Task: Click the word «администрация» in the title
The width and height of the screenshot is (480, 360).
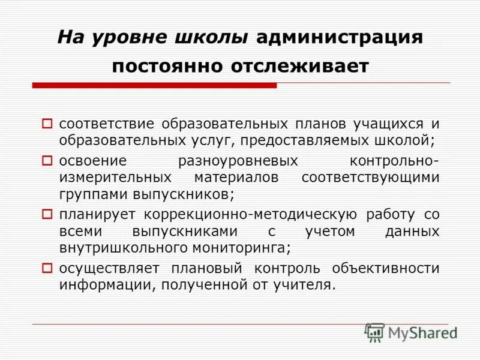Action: tap(340, 37)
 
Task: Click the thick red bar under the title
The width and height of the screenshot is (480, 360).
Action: tap(154, 86)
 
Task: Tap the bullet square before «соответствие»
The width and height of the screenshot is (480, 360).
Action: tap(48, 124)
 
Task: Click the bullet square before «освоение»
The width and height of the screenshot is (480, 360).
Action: tap(48, 161)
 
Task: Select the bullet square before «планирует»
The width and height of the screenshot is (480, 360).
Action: tap(48, 214)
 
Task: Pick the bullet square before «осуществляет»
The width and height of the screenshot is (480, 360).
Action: tap(48, 267)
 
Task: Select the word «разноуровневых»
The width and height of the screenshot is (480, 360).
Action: tap(238, 161)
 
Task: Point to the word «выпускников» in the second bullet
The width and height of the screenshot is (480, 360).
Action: tap(178, 195)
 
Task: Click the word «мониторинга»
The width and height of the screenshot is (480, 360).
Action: tap(240, 248)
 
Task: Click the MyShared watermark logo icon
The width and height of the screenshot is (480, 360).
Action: tap(374, 332)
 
